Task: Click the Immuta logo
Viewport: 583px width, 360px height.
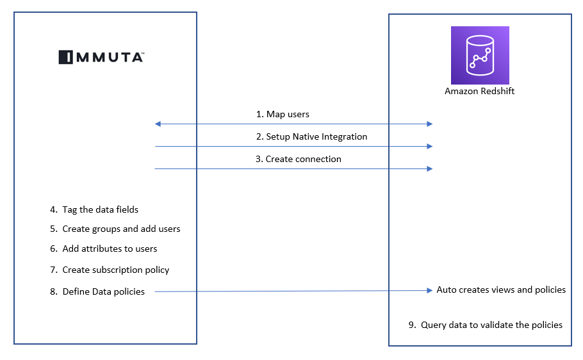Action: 101,57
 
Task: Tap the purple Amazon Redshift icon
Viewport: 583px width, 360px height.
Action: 480,56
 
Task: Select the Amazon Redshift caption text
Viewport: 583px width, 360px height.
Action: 480,92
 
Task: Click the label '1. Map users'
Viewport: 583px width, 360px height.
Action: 283,114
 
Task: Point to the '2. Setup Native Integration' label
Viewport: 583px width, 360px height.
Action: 312,136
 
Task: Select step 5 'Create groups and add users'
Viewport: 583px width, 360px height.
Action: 115,229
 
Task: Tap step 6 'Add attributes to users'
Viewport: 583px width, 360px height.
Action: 103,249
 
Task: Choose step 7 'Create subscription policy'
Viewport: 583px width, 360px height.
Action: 110,270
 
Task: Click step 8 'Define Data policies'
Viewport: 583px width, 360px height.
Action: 97,291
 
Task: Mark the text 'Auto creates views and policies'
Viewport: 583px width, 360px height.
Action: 501,290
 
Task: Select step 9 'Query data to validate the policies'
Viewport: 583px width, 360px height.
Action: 485,325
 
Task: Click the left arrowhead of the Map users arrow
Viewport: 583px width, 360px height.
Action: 158,124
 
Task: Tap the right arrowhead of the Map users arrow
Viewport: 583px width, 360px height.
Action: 430,124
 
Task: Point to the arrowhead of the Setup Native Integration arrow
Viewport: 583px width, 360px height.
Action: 430,146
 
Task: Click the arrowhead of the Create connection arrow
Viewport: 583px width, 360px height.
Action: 430,168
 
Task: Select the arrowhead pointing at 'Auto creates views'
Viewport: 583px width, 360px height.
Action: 430,291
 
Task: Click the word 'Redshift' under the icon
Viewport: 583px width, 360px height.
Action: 498,92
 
